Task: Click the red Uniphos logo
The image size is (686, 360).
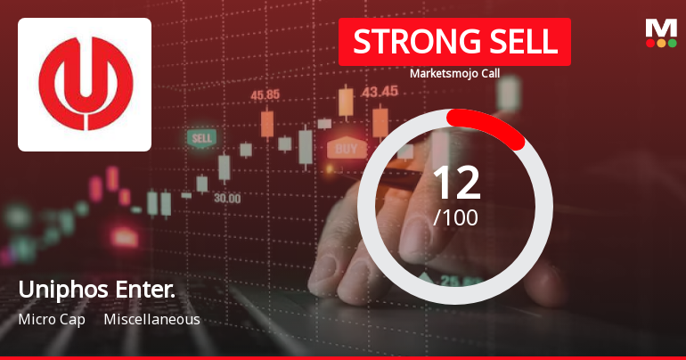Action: coord(85,84)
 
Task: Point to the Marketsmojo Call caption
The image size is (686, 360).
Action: coord(453,73)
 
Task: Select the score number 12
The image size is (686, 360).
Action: coord(455,183)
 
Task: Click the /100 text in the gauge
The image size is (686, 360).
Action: coord(455,217)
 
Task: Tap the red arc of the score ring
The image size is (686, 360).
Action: coord(489,125)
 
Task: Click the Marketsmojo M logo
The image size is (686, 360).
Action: coord(661,27)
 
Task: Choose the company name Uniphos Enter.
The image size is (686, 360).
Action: coord(96,290)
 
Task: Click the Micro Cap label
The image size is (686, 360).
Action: coord(52,319)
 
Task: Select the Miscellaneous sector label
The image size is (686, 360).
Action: coord(152,319)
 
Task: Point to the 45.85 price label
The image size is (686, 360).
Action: coord(265,95)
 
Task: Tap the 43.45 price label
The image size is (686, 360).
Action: coord(380,91)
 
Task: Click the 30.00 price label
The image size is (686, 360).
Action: coord(226,198)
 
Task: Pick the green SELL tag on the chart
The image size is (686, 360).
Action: coord(202,138)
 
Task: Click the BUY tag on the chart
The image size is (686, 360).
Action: coord(347,148)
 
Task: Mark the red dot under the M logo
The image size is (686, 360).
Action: coord(650,43)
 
